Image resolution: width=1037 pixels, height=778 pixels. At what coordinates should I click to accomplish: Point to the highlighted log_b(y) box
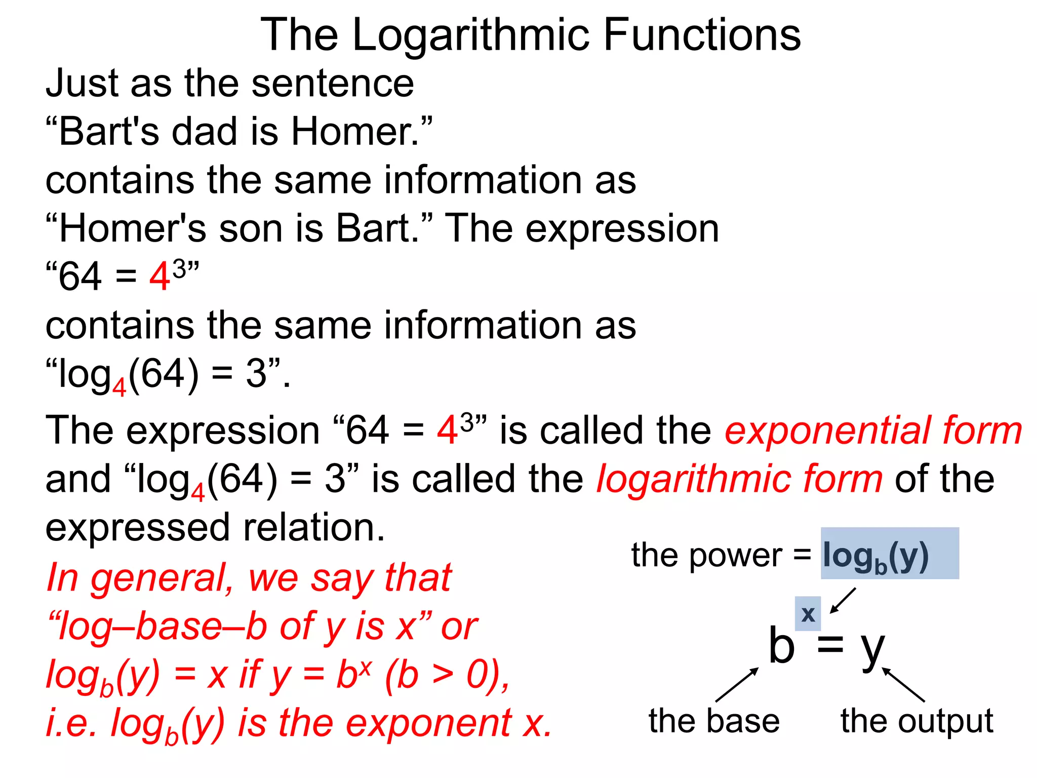(889, 554)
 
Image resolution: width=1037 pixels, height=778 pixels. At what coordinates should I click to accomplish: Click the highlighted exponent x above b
(808, 614)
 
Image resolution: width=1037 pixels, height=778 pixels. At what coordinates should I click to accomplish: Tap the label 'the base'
(714, 721)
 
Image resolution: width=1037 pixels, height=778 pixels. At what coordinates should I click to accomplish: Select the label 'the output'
(916, 721)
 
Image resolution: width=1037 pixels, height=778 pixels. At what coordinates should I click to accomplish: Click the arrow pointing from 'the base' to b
(737, 684)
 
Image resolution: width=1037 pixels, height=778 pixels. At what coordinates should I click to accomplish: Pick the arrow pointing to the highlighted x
(843, 600)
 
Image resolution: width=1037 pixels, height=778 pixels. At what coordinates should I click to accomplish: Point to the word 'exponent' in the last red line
(428, 723)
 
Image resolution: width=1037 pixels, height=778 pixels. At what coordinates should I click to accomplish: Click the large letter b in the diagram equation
(781, 646)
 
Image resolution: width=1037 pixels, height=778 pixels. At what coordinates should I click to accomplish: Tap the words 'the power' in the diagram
(706, 555)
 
